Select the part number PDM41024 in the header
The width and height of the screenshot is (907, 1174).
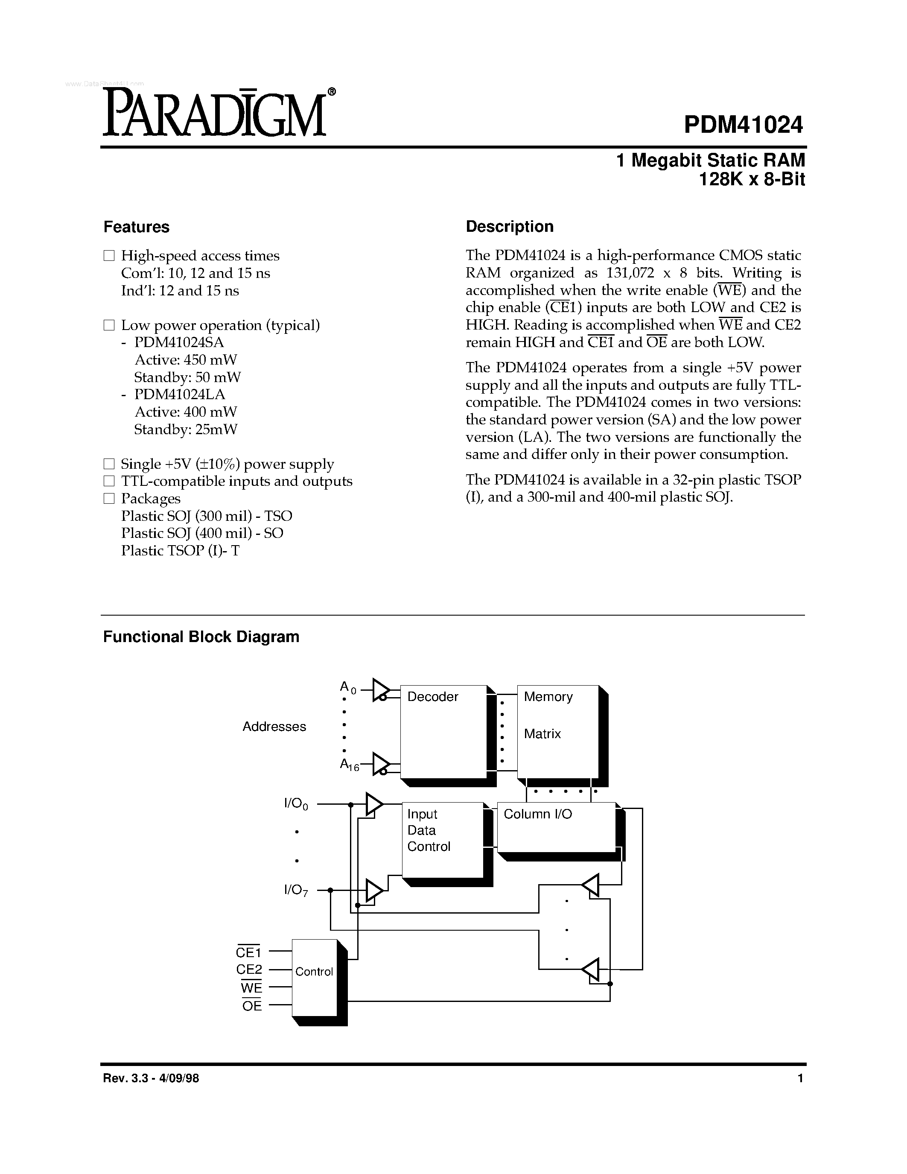click(743, 125)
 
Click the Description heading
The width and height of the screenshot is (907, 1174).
click(509, 226)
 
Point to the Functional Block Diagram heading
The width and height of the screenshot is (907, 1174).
click(201, 637)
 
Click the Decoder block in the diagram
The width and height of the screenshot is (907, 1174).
click(443, 731)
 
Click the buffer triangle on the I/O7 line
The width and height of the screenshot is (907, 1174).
click(374, 891)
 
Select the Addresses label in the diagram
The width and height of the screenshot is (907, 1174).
click(274, 726)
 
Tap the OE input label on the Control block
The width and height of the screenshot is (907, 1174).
click(251, 1006)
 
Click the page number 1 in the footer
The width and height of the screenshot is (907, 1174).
click(800, 1078)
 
